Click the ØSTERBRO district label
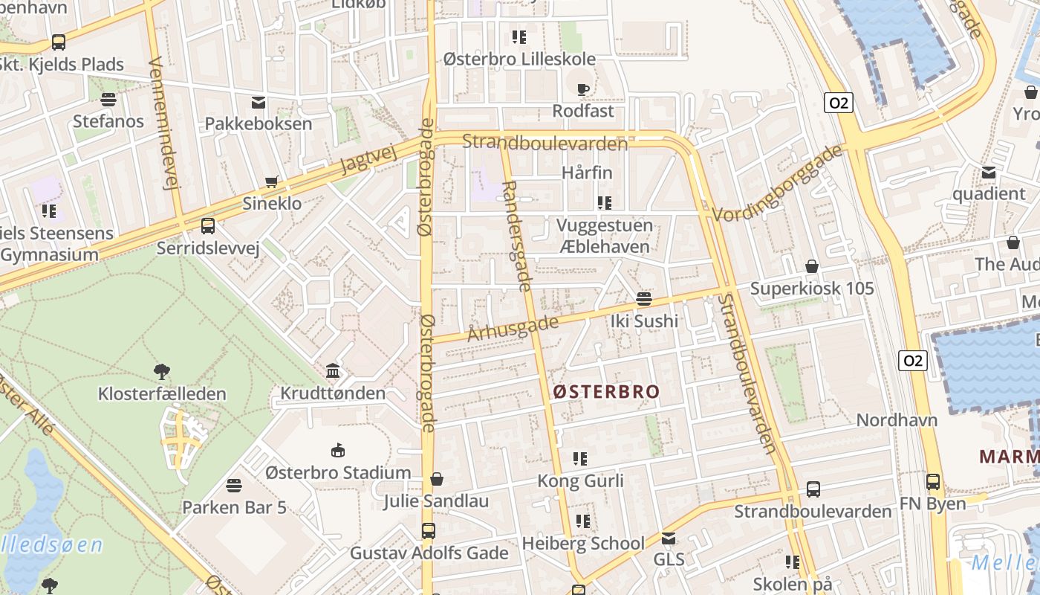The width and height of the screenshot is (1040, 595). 606,392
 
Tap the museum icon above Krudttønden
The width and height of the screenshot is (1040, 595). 333,370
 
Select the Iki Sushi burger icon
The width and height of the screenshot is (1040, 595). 644,299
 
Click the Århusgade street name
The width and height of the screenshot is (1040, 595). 513,328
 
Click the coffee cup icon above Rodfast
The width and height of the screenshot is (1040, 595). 583,89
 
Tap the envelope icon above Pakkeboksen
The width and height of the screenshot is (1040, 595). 259,102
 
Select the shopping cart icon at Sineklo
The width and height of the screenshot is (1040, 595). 273,182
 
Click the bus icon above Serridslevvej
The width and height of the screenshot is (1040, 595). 208,225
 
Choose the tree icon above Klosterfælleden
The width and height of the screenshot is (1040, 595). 162,371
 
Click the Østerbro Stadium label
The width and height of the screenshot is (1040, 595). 338,472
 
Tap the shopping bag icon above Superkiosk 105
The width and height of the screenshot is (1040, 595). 812,266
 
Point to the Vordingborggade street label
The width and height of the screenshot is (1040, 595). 778,183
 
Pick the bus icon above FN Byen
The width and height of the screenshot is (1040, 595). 933,482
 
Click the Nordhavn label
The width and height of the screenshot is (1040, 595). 897,419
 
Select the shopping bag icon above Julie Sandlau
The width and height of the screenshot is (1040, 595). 437,479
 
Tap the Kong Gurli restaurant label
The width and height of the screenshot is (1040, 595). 580,480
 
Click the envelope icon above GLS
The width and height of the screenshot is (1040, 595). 669,538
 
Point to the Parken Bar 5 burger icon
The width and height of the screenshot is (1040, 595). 234,486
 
